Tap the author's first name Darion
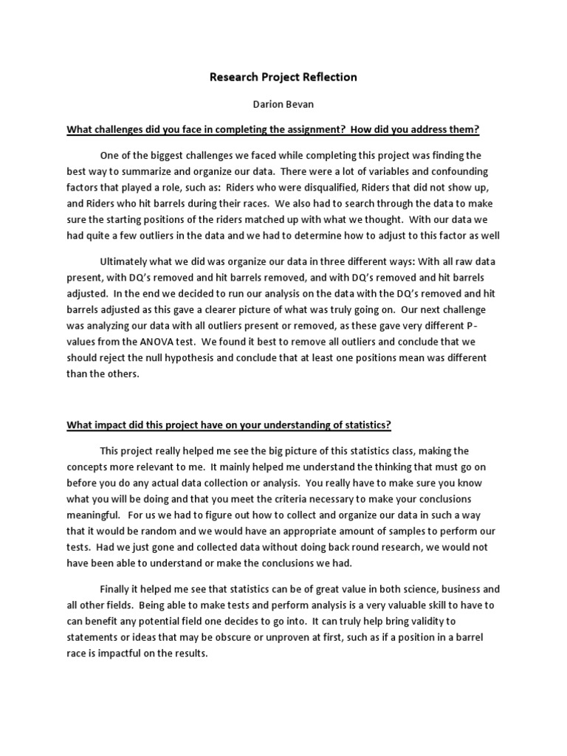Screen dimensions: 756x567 (267, 105)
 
